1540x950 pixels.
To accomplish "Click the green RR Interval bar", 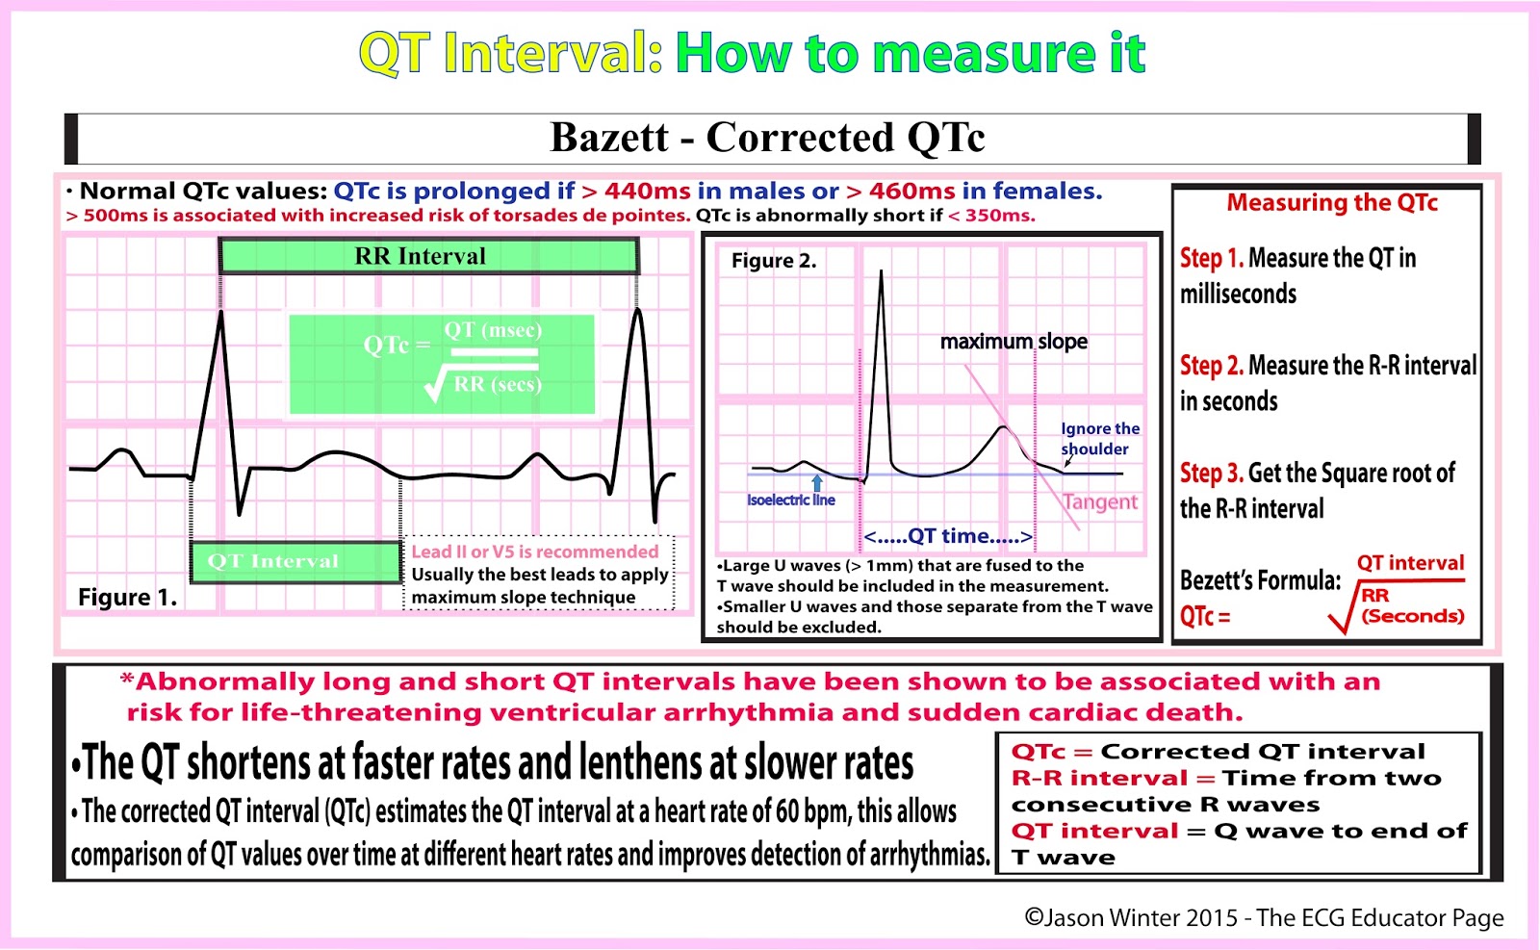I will (x=428, y=256).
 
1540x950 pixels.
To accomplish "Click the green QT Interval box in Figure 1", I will (x=295, y=561).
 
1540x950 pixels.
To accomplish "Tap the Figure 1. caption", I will (x=127, y=598).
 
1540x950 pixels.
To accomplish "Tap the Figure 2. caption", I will (x=773, y=261).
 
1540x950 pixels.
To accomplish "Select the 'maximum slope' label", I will (x=1014, y=342).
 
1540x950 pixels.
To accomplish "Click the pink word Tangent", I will (x=1100, y=501).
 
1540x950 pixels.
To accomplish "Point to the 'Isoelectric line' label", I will (x=790, y=501).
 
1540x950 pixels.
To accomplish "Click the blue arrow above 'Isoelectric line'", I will (x=817, y=482).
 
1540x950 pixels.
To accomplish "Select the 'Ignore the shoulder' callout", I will (x=1099, y=439).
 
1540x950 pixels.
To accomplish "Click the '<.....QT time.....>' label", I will (x=947, y=536).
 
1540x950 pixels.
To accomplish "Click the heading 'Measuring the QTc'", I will (x=1331, y=203).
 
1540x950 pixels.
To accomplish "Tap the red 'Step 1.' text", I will (x=1211, y=258).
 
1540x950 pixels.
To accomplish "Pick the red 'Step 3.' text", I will (x=1211, y=474).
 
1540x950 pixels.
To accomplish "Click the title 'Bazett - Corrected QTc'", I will (x=767, y=138).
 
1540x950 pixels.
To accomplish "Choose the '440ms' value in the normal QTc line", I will (x=647, y=192).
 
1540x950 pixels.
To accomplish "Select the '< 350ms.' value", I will (x=991, y=216).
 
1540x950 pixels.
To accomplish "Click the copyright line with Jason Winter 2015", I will (x=1263, y=918).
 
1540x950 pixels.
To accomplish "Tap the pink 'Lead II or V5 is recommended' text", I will (x=535, y=552).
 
